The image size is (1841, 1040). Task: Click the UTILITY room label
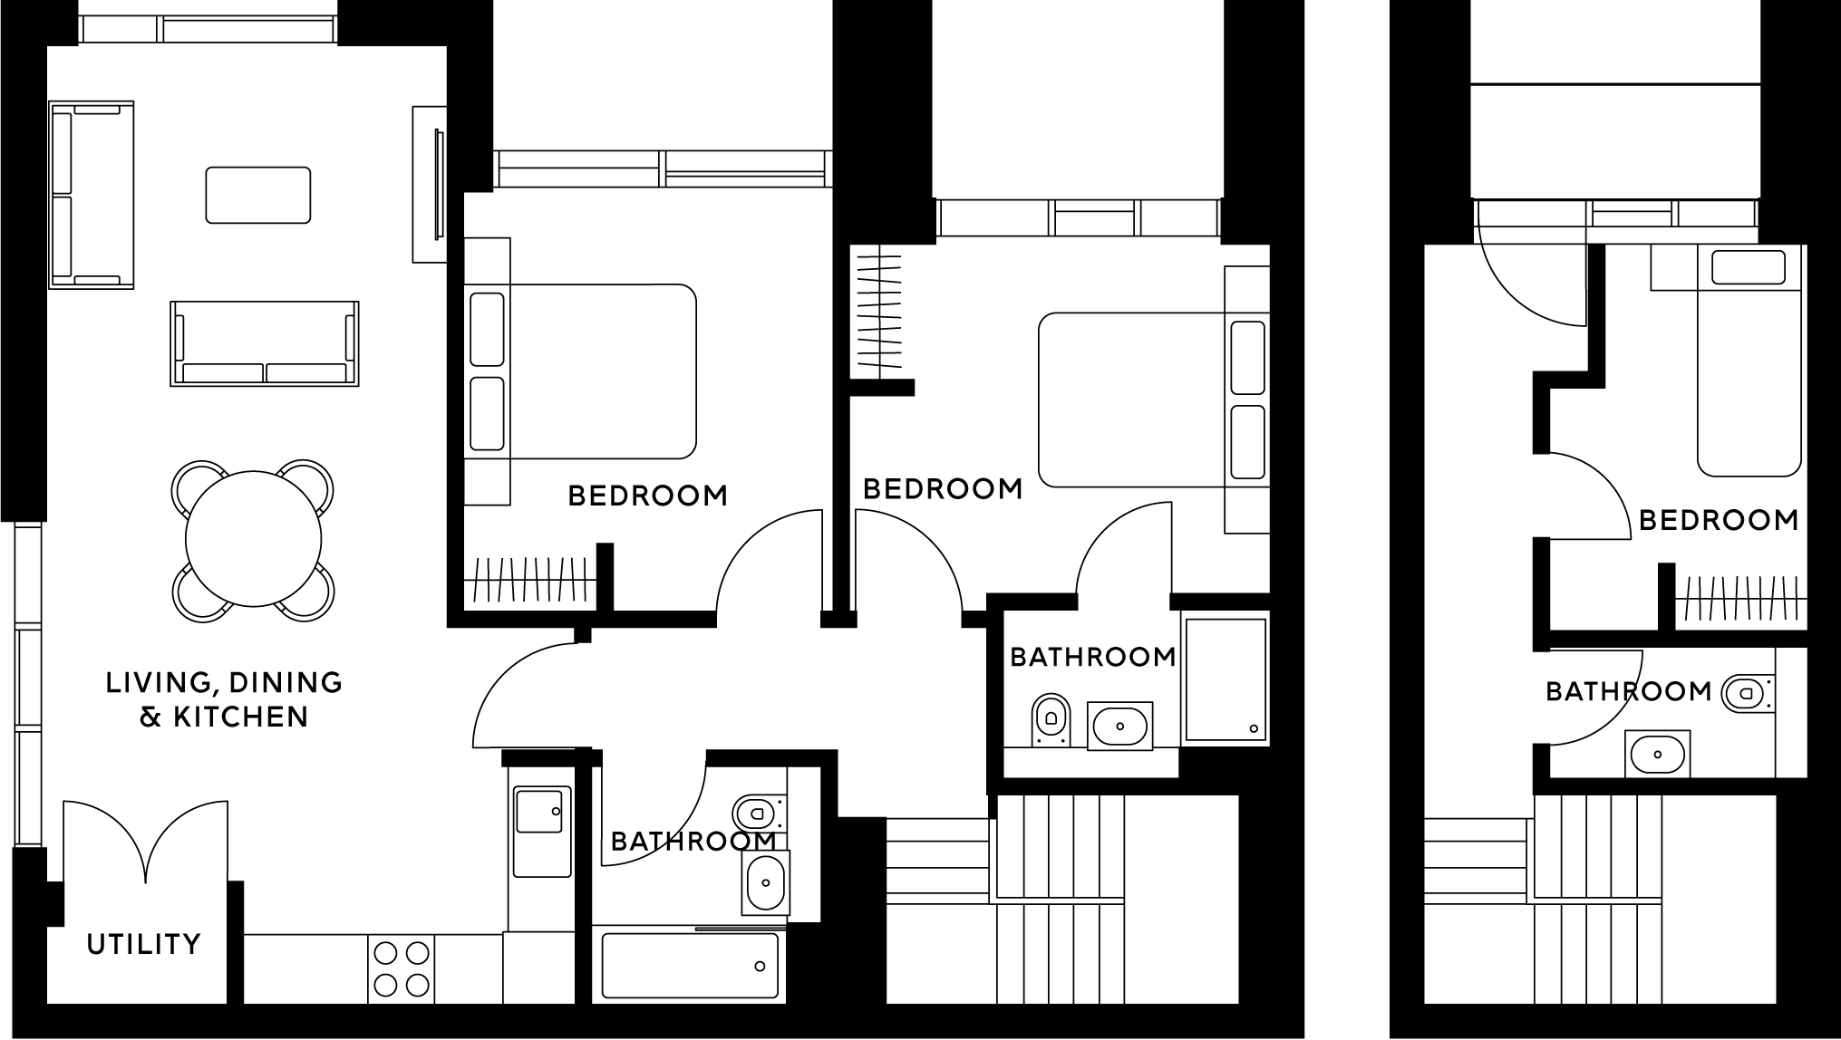click(143, 944)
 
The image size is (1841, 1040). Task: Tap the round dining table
click(253, 539)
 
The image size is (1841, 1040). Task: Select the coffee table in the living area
click(258, 195)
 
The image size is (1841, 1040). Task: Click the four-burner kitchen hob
click(401, 968)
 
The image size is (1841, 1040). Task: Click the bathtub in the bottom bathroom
click(689, 966)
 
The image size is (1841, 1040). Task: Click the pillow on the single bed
click(1748, 267)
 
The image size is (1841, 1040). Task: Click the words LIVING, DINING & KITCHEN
click(224, 699)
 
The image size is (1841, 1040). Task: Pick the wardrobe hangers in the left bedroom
click(529, 581)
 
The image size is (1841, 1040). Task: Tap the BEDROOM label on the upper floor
click(1719, 520)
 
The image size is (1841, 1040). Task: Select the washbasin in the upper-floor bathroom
click(1658, 754)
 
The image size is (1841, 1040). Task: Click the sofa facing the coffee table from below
click(264, 344)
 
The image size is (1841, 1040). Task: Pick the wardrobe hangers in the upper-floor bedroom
click(1739, 599)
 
